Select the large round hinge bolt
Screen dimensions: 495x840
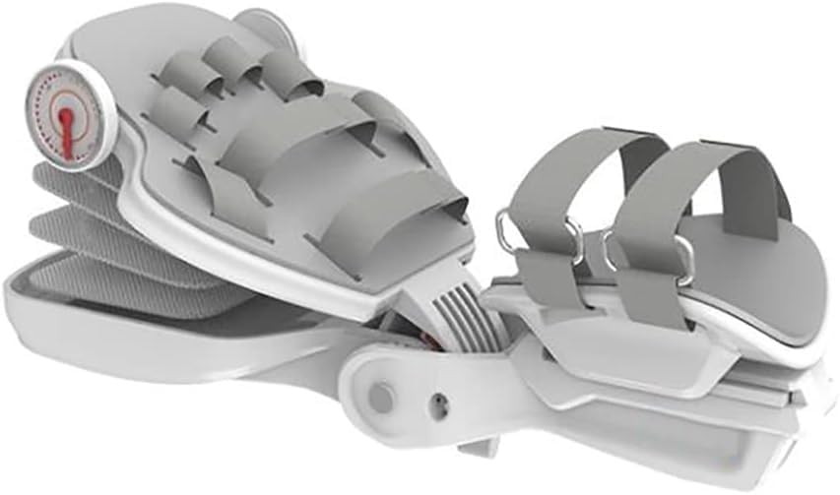pos(379,397)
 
